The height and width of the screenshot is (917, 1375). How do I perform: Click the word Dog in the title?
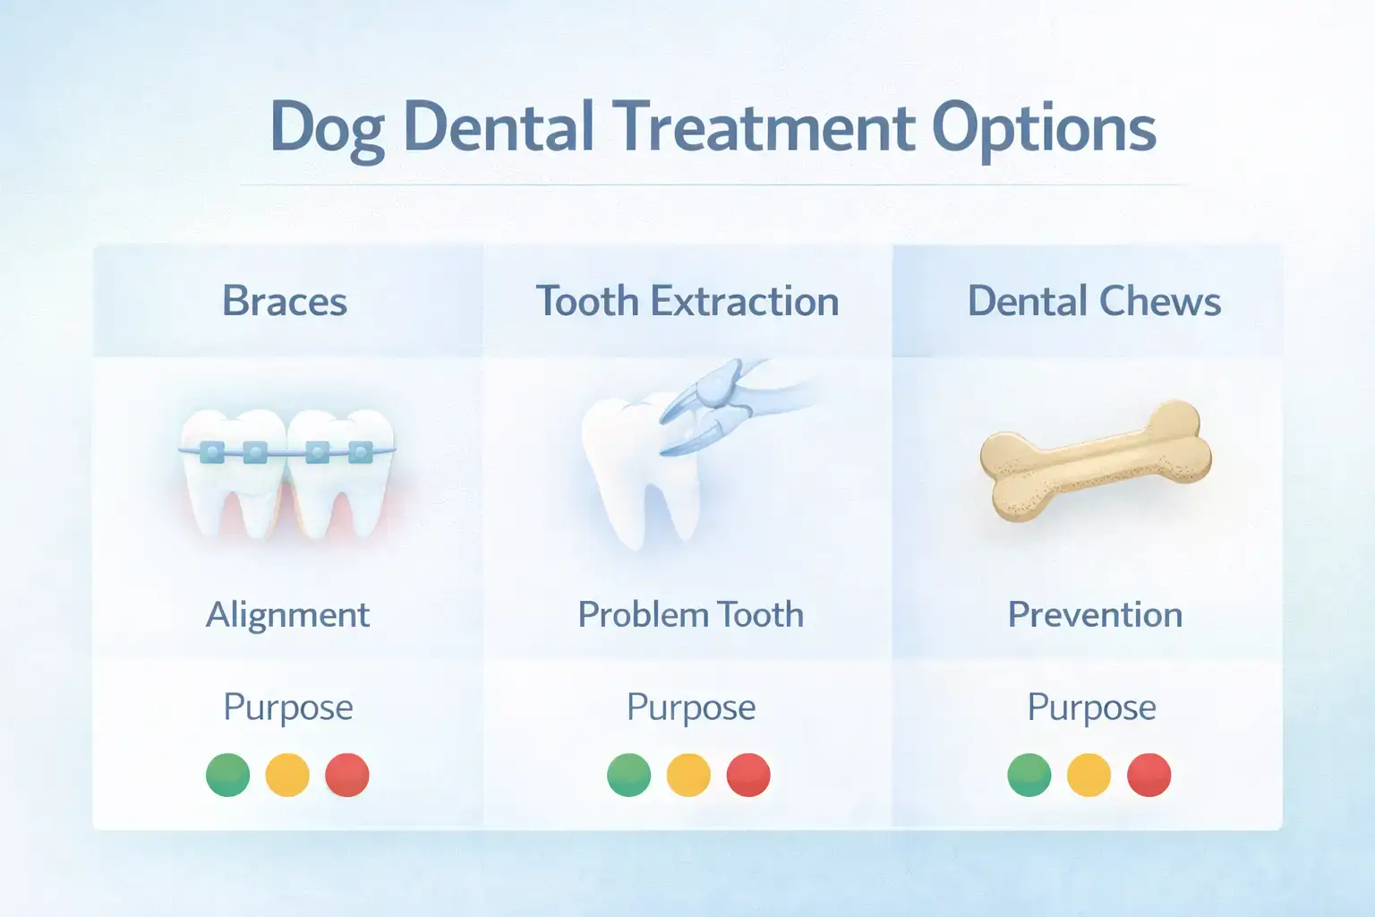(327, 129)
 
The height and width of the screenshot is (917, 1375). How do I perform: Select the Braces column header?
(285, 301)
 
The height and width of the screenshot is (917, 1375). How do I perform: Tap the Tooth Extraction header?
(687, 301)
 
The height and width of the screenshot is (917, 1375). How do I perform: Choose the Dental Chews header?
(1094, 301)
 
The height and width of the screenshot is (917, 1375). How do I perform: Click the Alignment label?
(287, 614)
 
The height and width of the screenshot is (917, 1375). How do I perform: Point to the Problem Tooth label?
(690, 614)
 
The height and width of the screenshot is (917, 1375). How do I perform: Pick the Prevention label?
(1095, 614)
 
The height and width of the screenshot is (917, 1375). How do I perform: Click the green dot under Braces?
(228, 775)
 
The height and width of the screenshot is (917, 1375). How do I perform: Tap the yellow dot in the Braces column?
(287, 775)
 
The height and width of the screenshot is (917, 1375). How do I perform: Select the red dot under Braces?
(347, 775)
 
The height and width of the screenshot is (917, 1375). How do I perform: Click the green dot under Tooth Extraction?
(629, 775)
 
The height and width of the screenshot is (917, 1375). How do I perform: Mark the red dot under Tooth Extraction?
(748, 775)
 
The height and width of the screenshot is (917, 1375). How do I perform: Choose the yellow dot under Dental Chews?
(1089, 775)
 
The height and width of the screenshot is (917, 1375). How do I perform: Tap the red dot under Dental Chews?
(1149, 775)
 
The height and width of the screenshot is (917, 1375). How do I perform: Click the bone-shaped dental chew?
(1095, 460)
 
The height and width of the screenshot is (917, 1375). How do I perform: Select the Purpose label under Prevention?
(1091, 707)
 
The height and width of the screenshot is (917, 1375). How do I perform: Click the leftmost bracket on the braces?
(212, 452)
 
